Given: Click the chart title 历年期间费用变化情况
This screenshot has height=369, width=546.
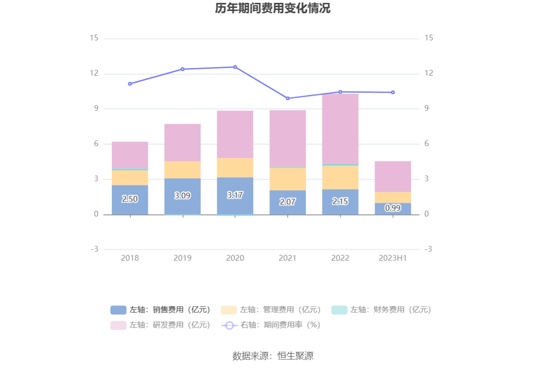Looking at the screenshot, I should click(273, 9).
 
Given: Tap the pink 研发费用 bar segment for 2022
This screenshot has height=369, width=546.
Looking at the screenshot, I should click(340, 129).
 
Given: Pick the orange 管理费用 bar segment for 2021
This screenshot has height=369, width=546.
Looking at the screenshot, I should click(288, 179).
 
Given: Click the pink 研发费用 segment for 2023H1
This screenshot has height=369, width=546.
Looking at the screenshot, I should click(393, 176).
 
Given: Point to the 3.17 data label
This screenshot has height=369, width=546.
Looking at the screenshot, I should click(235, 195).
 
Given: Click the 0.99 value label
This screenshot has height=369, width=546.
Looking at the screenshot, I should click(393, 208).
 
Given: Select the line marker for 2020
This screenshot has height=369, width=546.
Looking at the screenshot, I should click(235, 67).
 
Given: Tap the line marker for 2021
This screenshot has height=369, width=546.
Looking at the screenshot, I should click(288, 98).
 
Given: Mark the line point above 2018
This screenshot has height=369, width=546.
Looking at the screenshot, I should click(130, 84).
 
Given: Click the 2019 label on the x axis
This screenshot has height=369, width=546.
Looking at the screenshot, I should click(183, 258).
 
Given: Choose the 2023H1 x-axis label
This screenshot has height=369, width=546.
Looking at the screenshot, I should click(393, 258).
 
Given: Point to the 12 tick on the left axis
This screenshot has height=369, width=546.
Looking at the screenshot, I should click(94, 74).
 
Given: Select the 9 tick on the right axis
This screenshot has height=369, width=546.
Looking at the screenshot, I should click(427, 109).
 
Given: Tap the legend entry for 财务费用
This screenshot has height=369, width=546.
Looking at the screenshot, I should click(381, 310).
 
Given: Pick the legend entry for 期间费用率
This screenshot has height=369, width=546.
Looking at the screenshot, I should click(271, 325).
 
